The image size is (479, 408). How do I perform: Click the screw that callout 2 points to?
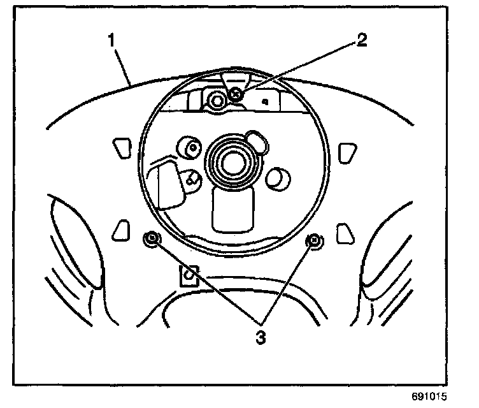236,94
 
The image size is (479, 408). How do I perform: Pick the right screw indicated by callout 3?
313,240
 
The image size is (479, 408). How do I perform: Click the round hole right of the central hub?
276,178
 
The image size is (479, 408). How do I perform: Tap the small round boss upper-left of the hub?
189,147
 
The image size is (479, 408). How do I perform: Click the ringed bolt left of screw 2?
217,99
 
